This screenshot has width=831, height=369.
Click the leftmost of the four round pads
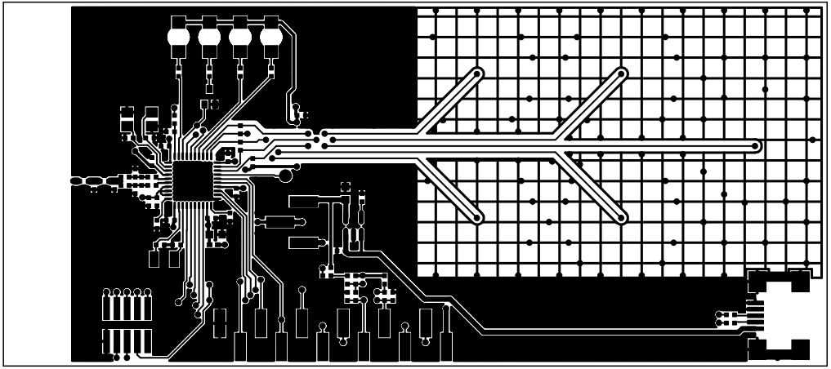(178, 38)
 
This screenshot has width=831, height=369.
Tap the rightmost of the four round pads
(270, 38)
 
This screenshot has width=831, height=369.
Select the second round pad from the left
(209, 38)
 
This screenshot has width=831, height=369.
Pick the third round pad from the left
(240, 38)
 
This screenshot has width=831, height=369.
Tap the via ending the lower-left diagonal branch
(476, 219)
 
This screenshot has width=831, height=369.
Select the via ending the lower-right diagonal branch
(622, 219)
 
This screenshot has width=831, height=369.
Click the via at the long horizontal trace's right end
(756, 147)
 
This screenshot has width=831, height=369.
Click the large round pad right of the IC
(285, 176)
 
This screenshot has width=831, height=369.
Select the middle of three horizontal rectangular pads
(278, 221)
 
